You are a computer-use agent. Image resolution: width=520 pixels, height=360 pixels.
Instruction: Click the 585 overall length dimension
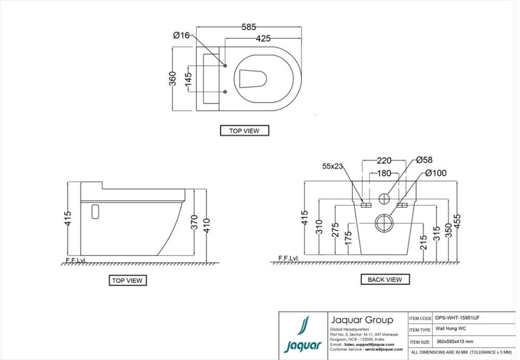click(249, 27)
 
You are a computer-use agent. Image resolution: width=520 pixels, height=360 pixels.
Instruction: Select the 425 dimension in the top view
click(263, 38)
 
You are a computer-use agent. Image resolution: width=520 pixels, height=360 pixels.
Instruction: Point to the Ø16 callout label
click(181, 35)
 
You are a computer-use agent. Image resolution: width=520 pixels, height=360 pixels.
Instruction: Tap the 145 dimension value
click(188, 80)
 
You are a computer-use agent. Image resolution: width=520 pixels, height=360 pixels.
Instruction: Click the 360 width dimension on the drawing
click(173, 79)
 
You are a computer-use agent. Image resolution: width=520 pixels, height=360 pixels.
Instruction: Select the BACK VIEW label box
click(385, 280)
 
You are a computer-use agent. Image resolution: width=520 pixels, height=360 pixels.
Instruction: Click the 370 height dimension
click(194, 222)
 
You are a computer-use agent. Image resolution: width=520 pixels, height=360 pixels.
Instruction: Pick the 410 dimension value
click(207, 223)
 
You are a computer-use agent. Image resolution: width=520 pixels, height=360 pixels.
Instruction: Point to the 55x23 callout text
click(333, 166)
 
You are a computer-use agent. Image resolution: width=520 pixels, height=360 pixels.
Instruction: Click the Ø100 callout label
click(435, 173)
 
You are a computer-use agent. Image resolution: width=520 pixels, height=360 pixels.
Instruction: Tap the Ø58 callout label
click(424, 160)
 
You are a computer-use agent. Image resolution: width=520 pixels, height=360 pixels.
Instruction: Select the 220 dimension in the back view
click(384, 161)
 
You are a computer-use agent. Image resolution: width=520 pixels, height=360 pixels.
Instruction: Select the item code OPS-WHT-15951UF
click(457, 318)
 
